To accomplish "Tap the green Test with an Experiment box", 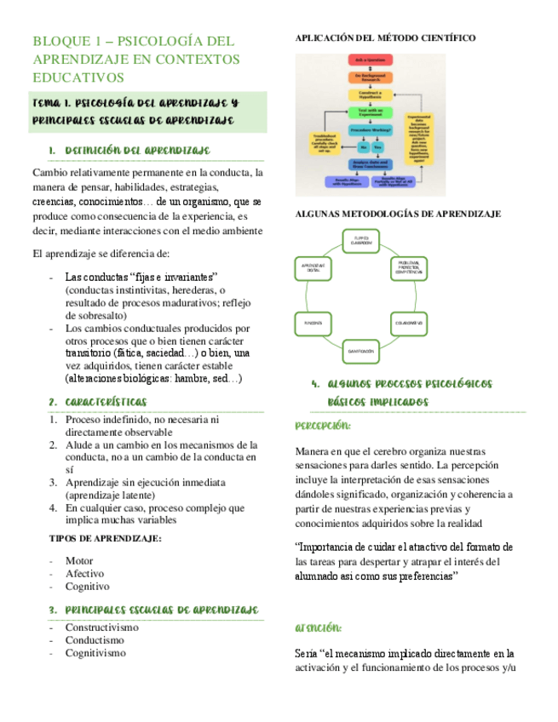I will coord(367,112).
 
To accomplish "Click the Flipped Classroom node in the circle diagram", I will coord(361,240).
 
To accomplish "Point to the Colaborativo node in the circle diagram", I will coord(410,324).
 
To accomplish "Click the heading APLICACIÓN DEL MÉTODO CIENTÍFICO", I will coord(385,38).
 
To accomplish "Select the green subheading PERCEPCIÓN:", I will coord(323,425).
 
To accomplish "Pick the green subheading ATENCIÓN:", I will coord(319,628).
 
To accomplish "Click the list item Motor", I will coord(78,560).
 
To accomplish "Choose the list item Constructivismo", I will coord(101,627).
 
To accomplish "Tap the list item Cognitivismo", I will coord(95,653).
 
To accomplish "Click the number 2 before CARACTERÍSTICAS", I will coord(53,401).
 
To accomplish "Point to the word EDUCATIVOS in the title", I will coord(78,77).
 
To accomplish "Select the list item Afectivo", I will coord(84,574).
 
